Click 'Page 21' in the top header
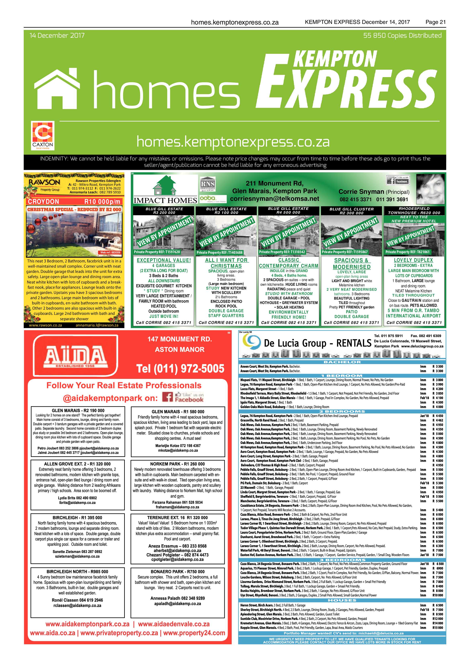coord(435,22)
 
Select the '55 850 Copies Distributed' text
coord(402,36)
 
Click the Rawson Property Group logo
coord(44,185)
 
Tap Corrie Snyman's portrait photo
coord(430,189)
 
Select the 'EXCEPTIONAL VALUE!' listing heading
coord(164,260)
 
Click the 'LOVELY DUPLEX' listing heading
coord(413,260)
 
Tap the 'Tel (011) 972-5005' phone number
coord(180,368)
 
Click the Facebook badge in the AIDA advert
coord(183,397)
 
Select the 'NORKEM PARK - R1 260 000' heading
coord(177,464)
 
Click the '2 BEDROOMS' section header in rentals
coord(342,411)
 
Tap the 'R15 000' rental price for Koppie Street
coord(437,628)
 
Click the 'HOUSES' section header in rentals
coord(342,600)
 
